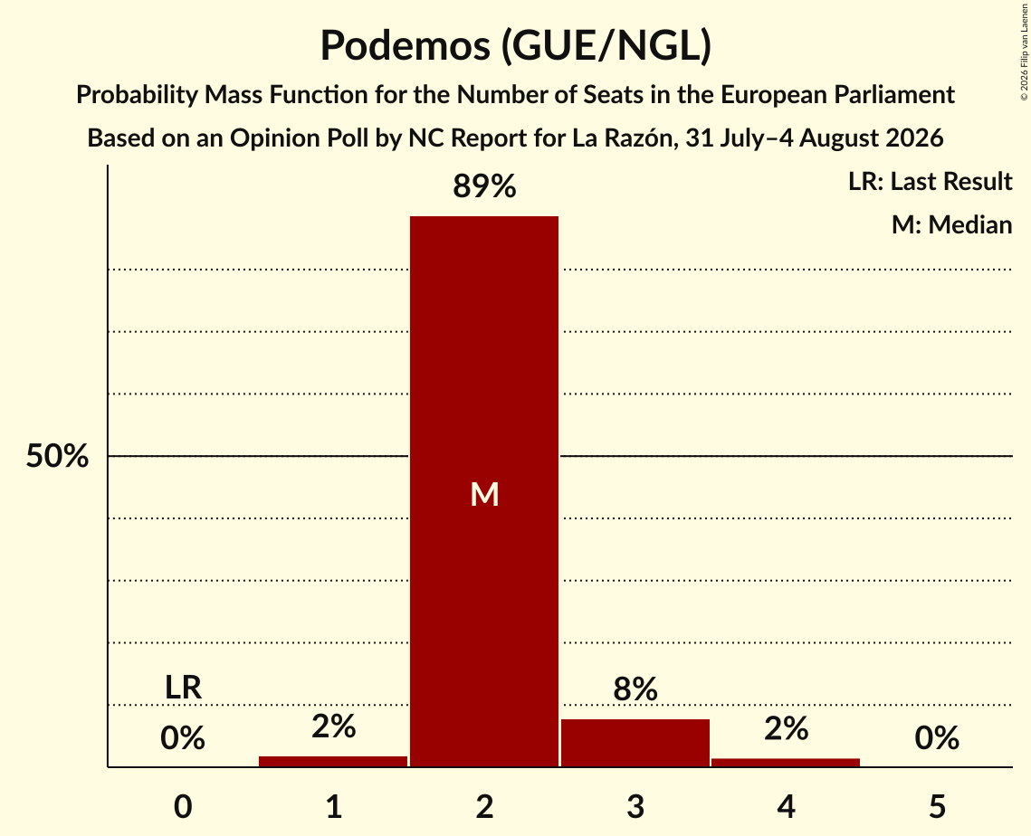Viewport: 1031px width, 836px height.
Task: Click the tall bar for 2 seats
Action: point(484,491)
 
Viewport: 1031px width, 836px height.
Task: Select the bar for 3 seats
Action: point(635,743)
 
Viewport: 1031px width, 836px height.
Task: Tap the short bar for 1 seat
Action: point(333,761)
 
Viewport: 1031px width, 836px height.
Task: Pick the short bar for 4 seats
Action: point(786,763)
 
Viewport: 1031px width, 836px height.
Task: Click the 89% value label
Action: point(484,186)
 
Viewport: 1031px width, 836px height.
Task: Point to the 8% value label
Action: point(635,689)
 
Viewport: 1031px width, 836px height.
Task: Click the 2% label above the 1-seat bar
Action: point(333,727)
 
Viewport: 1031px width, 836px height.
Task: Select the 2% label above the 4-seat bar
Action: point(786,729)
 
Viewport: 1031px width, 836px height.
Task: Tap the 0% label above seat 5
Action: point(937,738)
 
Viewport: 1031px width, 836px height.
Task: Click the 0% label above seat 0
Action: point(183,738)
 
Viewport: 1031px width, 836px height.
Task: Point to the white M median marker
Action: point(484,494)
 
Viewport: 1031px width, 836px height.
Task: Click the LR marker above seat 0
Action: point(183,688)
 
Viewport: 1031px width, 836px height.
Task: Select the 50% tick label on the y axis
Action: point(57,455)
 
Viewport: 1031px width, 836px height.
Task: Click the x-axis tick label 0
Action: point(183,807)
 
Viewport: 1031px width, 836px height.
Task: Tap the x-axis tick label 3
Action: point(635,807)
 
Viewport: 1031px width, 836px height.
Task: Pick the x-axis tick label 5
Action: point(937,807)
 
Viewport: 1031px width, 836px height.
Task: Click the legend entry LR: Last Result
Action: point(930,181)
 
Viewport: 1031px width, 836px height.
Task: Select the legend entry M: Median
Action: point(951,224)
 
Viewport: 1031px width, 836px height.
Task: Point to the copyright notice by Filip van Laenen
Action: point(1024,52)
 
